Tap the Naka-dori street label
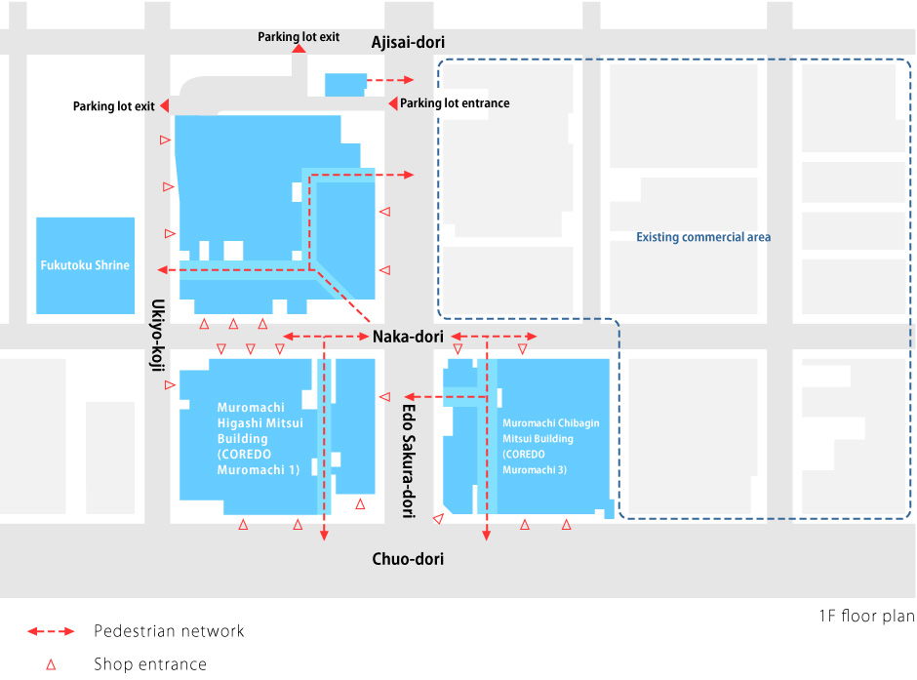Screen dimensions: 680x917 [x=408, y=337]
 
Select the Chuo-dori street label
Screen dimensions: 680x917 [x=408, y=559]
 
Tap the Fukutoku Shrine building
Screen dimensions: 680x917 [x=85, y=265]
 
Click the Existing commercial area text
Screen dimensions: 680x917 [x=703, y=237]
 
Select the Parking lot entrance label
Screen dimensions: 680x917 [x=455, y=103]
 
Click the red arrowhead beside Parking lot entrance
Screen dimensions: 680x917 [x=392, y=103]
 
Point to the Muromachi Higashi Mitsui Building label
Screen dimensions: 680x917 [x=258, y=438]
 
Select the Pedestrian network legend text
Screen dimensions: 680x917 [x=169, y=631]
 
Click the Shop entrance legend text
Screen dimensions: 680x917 [x=150, y=664]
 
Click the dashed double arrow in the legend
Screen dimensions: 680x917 [x=52, y=631]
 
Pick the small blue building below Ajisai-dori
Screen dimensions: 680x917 [x=345, y=84]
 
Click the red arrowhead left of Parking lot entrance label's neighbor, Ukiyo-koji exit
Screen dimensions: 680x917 [x=166, y=105]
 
